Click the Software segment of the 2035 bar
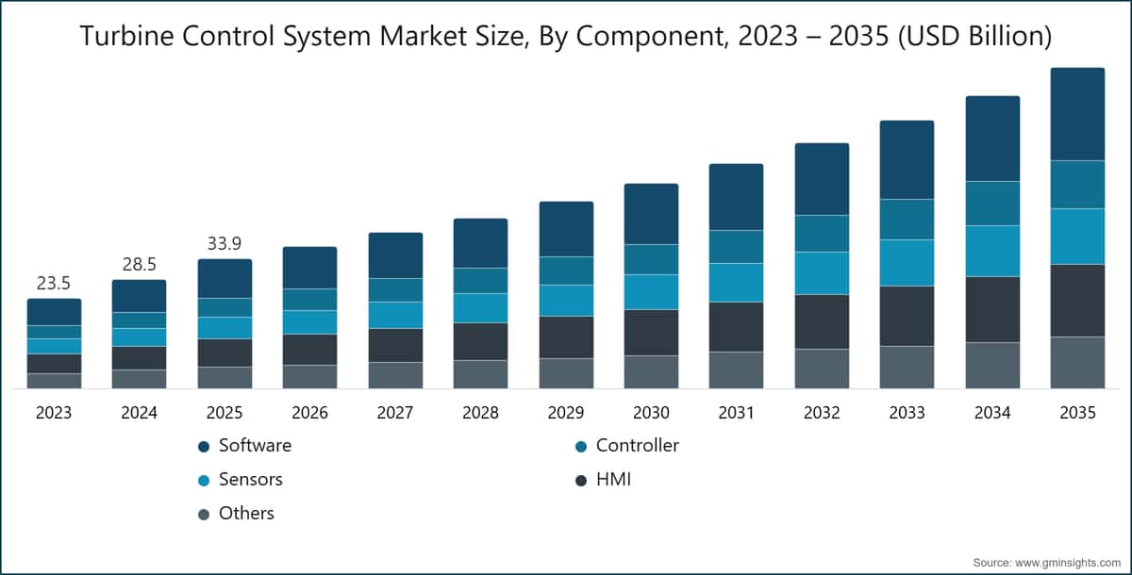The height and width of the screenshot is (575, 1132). point(1077,114)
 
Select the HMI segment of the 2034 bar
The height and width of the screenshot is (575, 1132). point(992,309)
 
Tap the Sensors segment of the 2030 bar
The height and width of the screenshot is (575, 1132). point(652,292)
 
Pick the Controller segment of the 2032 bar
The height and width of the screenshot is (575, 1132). point(822,233)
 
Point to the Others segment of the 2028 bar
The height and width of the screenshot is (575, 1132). point(480,374)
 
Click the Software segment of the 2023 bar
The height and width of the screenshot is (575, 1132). point(54,312)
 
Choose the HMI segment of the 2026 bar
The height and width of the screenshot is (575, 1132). point(309,350)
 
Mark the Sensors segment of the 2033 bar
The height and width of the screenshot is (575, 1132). point(907,262)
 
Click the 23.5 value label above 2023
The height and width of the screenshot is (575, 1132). point(54,284)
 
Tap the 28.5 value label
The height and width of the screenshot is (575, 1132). point(139,265)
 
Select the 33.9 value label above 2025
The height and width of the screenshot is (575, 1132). point(225,244)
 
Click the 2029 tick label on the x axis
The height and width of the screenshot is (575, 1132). point(566,413)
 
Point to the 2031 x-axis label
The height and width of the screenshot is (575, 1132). point(737,413)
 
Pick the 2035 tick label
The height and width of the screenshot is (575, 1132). point(1077,413)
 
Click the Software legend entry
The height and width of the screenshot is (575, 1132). point(245,446)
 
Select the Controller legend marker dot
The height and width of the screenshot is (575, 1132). point(581,447)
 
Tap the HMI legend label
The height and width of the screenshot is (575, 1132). point(613,480)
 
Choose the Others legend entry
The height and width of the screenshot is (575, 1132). point(236,514)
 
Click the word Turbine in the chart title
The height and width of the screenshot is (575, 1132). point(126,37)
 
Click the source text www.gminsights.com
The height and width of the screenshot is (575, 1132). point(1068,563)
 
